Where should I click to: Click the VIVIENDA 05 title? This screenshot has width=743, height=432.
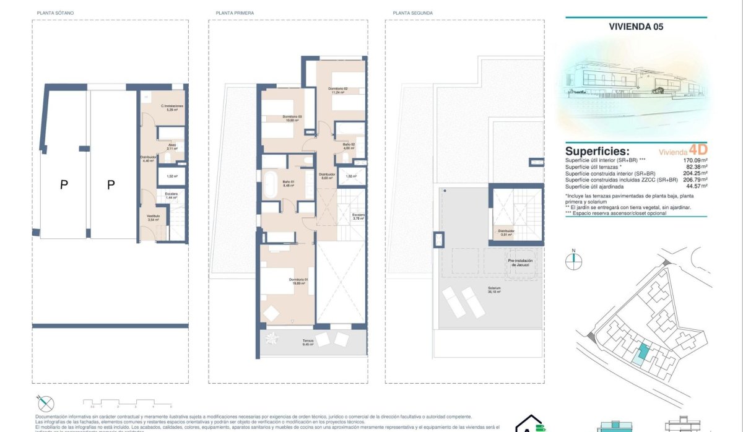tap(637, 26)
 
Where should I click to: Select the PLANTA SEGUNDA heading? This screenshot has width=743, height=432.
tap(412, 13)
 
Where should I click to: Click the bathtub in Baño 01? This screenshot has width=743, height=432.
tap(271, 185)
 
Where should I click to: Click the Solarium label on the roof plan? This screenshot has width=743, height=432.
tap(493, 289)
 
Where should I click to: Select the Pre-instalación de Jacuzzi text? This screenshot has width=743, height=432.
tap(520, 262)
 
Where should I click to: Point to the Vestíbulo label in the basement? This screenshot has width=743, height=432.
tap(153, 217)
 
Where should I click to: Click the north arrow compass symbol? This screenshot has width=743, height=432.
tap(574, 261)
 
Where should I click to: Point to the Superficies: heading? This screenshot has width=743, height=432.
tap(597, 151)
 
